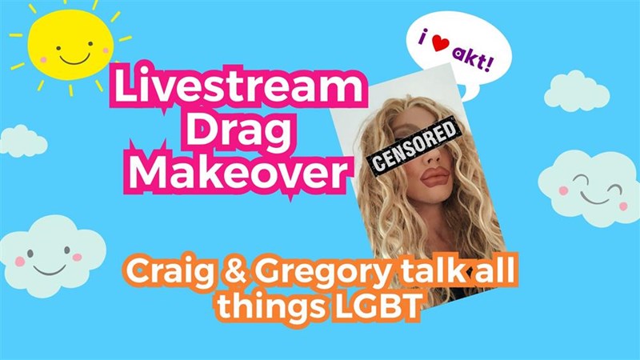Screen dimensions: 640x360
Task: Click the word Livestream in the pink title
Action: (x=238, y=86)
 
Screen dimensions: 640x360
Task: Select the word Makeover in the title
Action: (x=238, y=171)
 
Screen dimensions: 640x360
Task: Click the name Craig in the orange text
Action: (x=170, y=271)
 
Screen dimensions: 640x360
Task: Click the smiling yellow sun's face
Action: (x=70, y=45)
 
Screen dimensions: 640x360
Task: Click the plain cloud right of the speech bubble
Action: (x=577, y=92)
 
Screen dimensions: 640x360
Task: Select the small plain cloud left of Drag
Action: (x=22, y=142)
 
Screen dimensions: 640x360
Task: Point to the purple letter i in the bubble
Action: (x=425, y=37)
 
